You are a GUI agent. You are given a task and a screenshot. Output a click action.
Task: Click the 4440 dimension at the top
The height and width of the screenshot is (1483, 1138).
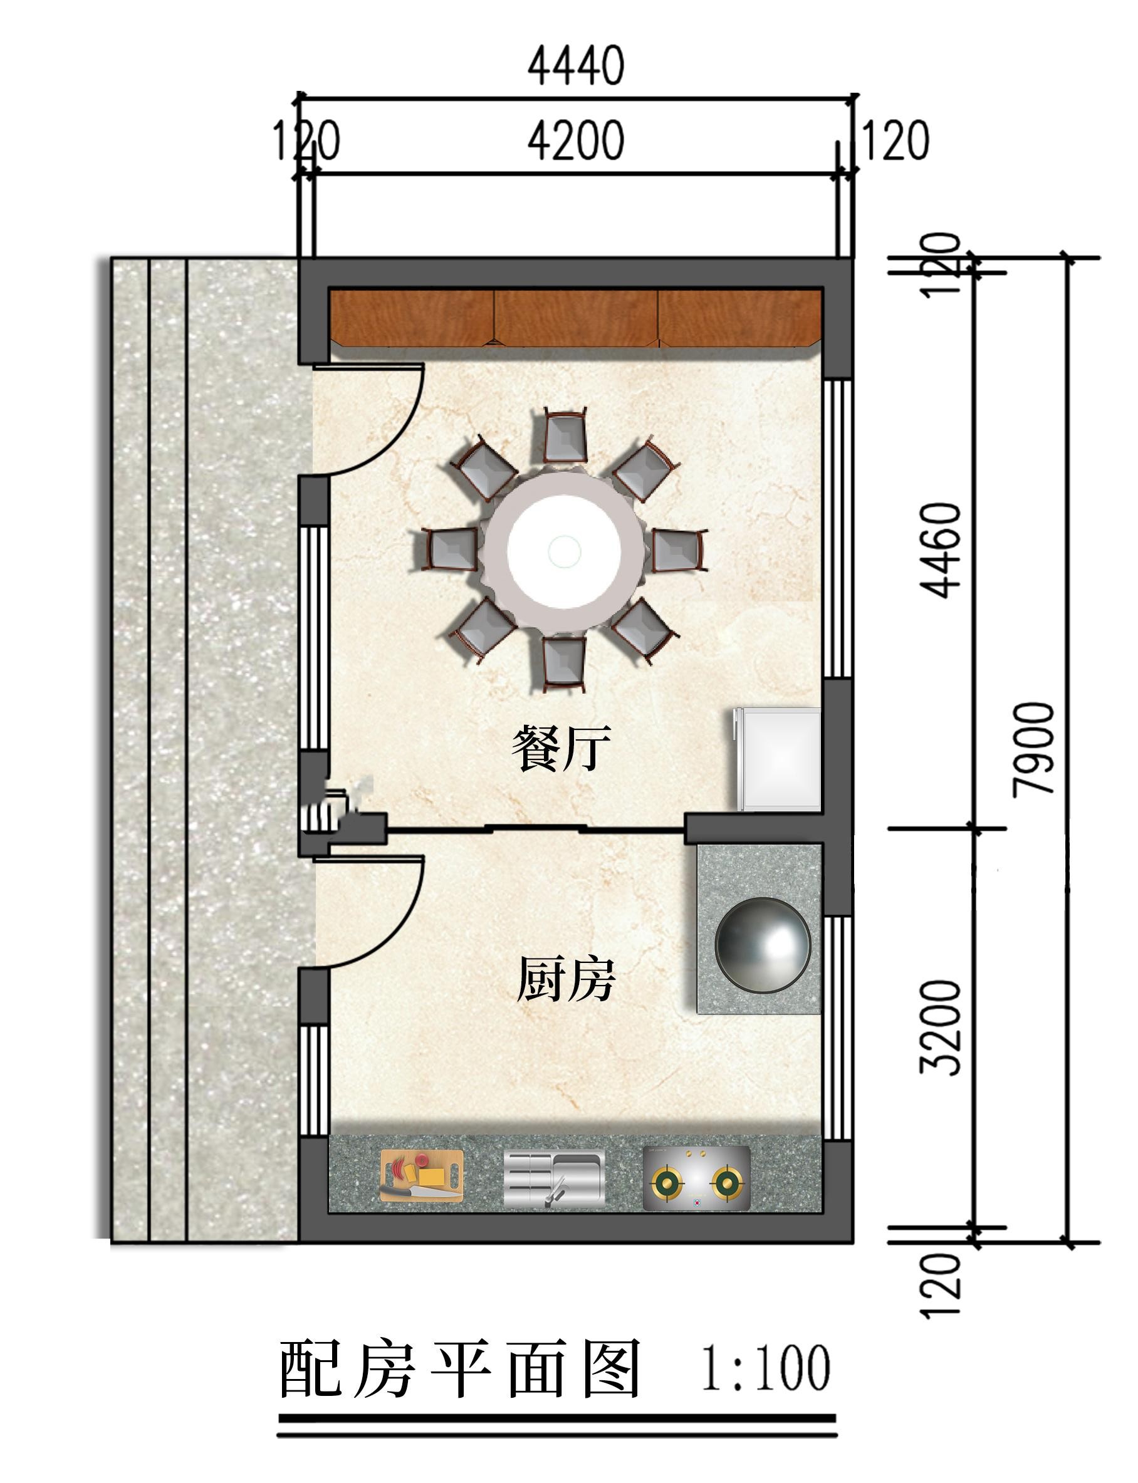tap(576, 66)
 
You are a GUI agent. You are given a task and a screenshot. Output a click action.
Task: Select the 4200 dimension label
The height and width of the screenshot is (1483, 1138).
tap(576, 140)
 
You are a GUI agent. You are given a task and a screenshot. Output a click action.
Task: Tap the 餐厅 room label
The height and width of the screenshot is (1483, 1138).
tap(561, 747)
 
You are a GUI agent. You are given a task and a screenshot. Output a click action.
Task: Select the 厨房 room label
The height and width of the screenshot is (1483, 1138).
tap(566, 979)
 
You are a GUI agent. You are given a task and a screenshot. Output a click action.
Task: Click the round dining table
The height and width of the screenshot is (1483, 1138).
tap(564, 550)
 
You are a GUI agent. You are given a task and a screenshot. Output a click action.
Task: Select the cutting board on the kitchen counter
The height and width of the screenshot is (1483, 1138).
tap(421, 1175)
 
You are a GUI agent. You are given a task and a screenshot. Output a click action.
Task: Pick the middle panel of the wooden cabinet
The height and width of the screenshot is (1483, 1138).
tap(576, 318)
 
